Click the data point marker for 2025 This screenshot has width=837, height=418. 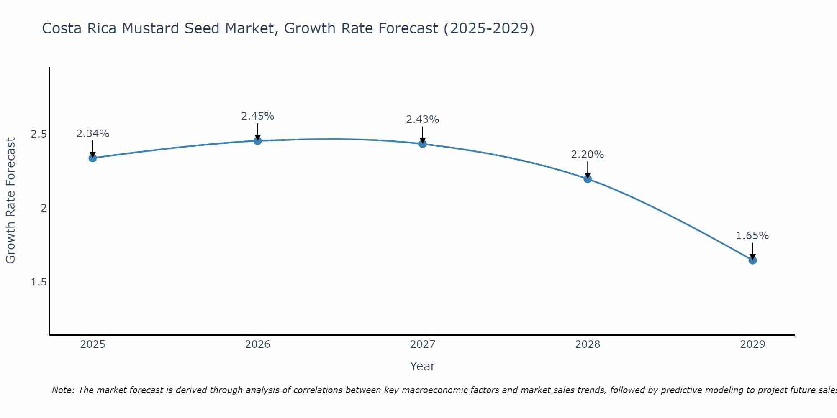pos(92,158)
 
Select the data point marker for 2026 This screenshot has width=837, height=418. pos(257,141)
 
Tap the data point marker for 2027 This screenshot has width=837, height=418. pos(423,144)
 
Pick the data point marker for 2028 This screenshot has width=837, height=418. pos(588,179)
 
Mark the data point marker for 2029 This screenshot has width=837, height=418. pos(752,260)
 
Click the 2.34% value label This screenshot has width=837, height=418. pos(92,134)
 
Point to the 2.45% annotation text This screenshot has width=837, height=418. pos(257,116)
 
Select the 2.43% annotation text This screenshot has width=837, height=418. pos(423,120)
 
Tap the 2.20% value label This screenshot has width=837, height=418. pos(588,155)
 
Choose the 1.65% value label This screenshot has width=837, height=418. pos(752,236)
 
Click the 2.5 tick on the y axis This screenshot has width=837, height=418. pos(39,134)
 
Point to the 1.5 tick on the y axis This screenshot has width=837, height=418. pos(39,282)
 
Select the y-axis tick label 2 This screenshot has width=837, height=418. pos(43,208)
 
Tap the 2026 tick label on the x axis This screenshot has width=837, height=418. pos(257,344)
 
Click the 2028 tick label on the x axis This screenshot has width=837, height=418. pos(588,344)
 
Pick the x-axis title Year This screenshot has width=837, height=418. pos(423,366)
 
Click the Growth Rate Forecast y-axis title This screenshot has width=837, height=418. pos(10,201)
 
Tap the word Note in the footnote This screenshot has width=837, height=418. pos(62,390)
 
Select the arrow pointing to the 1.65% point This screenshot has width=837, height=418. pos(752,251)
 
